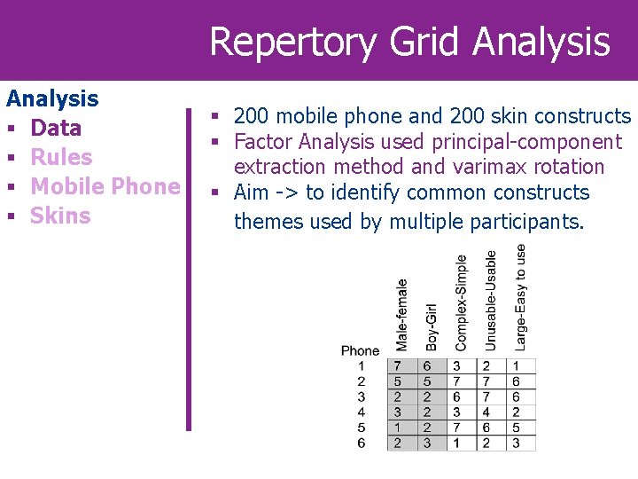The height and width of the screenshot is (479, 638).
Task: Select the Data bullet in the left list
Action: tap(56, 128)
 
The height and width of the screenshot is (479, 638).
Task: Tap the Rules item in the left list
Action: tap(61, 157)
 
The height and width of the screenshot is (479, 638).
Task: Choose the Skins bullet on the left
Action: tap(60, 216)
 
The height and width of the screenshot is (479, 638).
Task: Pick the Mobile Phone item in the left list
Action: tap(105, 186)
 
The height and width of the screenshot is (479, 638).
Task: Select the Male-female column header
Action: tap(401, 314)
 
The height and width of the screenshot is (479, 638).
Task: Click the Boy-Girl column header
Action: tap(431, 326)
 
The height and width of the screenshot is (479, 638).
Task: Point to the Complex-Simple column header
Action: tap(461, 302)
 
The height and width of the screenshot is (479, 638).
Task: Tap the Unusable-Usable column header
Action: tap(491, 299)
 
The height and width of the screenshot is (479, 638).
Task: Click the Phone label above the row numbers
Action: tap(360, 350)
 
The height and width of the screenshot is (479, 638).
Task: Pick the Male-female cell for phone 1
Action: tap(398, 365)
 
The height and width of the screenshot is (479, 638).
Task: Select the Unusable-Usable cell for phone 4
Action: tap(486, 412)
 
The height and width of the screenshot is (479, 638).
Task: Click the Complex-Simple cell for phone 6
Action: tap(456, 443)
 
